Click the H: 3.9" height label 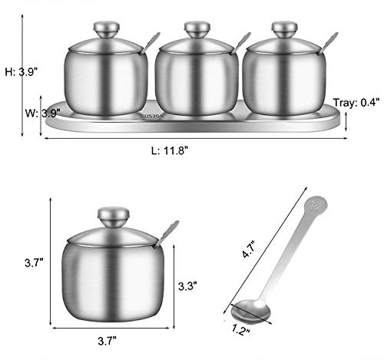pyautogui.click(x=22, y=72)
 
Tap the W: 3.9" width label pyautogui.click(x=42, y=113)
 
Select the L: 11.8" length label pyautogui.click(x=170, y=150)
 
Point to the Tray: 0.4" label pyautogui.click(x=356, y=103)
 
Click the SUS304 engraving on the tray pyautogui.click(x=153, y=117)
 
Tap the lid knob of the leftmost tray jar pyautogui.click(x=106, y=30)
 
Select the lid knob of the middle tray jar pyautogui.click(x=197, y=30)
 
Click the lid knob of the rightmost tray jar pyautogui.click(x=284, y=30)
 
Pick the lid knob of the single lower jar pyautogui.click(x=114, y=216)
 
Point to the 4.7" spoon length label pyautogui.click(x=249, y=249)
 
